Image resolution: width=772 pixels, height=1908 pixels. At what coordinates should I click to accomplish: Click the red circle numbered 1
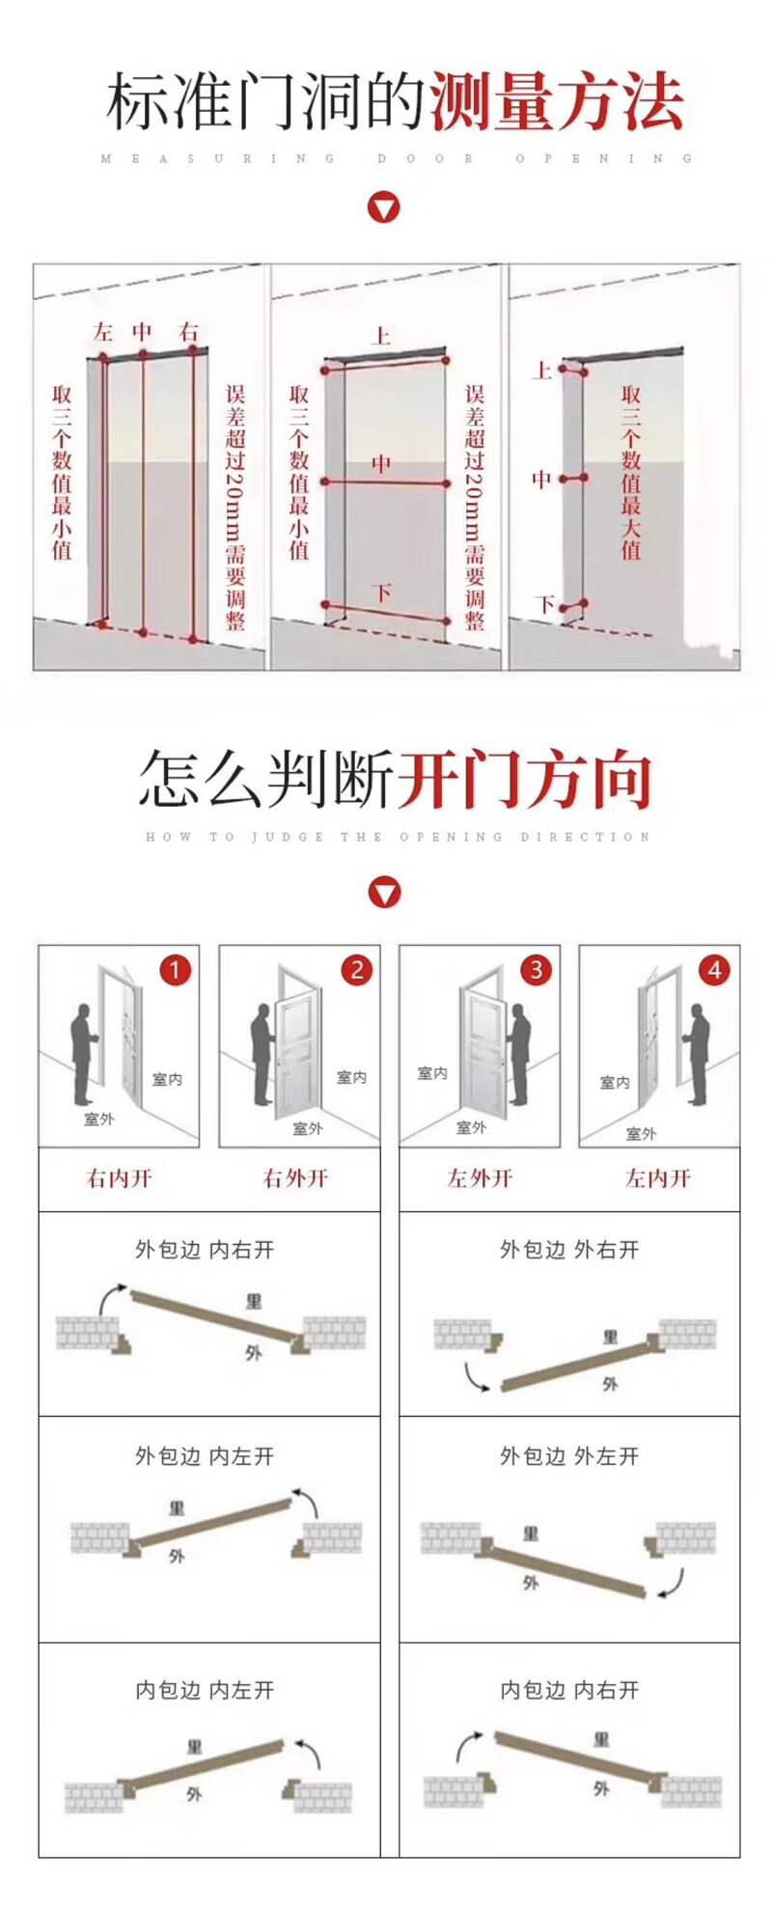pos(175,969)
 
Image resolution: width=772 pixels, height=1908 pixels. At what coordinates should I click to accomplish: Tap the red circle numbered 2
pos(356,969)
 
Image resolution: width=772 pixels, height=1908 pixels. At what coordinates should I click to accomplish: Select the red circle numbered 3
pos(537,969)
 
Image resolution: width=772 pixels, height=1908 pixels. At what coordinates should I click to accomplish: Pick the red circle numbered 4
pos(715,969)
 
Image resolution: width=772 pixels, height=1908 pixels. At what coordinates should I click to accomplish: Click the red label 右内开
pos(120,1177)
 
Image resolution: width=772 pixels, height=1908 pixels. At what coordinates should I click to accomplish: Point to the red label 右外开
pos(296,1177)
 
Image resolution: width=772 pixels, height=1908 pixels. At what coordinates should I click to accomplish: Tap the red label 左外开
pos(480,1177)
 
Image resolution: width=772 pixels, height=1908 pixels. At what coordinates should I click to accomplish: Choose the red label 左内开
pos(658,1177)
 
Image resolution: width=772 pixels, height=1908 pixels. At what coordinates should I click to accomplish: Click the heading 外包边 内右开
pos(205,1250)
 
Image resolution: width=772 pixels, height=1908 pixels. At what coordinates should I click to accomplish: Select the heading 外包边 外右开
pos(569,1250)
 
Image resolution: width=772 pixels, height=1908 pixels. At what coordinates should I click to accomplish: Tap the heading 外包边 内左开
pos(205,1456)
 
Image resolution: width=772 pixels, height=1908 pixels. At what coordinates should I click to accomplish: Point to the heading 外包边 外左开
pos(569,1456)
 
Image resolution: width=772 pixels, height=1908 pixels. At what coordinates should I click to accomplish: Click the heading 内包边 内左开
pos(205,1690)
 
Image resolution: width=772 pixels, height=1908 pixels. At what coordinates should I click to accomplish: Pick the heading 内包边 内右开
pos(569,1690)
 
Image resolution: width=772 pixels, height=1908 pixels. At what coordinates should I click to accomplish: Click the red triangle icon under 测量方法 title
pos(384,207)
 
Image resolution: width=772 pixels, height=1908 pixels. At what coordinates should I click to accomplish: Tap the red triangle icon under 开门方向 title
pos(384,893)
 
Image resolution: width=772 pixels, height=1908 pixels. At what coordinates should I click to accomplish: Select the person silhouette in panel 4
pos(697,1054)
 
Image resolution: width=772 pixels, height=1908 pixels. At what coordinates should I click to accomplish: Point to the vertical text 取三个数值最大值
pos(631,472)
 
